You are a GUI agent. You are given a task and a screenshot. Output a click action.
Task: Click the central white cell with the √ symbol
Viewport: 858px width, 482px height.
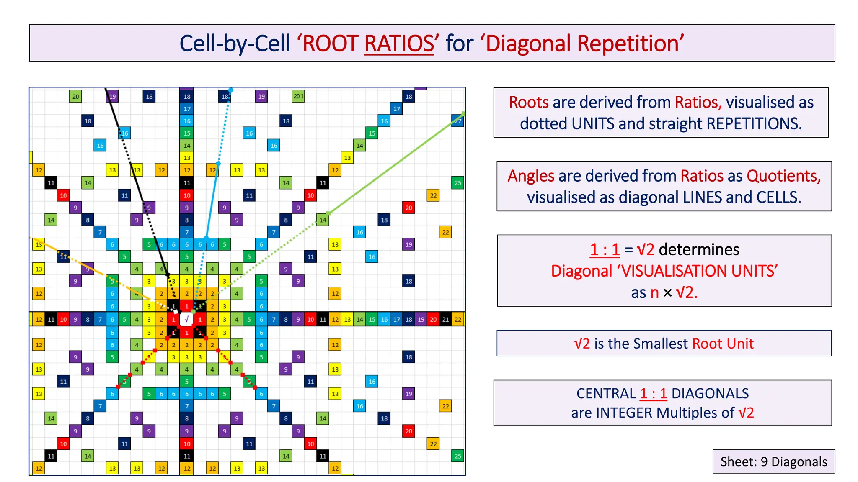pos(187,319)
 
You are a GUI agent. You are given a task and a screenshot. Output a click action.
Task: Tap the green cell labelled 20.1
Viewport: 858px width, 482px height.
pos(298,96)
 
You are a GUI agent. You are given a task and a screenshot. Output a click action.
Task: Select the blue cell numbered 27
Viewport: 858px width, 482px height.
pos(458,121)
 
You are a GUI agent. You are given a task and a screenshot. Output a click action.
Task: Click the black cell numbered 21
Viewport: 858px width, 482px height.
pos(445,319)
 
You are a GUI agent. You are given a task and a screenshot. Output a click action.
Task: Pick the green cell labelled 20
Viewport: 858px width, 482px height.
pos(75,96)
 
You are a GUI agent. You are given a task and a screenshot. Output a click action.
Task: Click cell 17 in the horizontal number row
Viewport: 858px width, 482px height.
pos(396,319)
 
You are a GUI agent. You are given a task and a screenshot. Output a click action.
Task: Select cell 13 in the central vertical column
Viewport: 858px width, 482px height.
pos(187,158)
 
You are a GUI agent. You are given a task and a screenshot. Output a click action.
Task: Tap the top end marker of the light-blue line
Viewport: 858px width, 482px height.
pos(230,90)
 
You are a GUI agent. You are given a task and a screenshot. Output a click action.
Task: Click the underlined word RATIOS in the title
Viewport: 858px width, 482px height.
pos(399,44)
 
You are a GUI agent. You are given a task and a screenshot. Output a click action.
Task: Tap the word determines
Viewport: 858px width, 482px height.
pos(699,250)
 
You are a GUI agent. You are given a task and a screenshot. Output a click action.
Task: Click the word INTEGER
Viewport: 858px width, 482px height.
pos(624,413)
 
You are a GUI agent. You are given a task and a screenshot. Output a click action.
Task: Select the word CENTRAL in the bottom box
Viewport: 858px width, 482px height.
pos(606,394)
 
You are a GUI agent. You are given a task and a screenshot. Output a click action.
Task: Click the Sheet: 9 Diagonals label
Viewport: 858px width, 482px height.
pos(773,461)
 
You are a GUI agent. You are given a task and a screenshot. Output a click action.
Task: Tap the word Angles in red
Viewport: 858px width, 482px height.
pos(531,176)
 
